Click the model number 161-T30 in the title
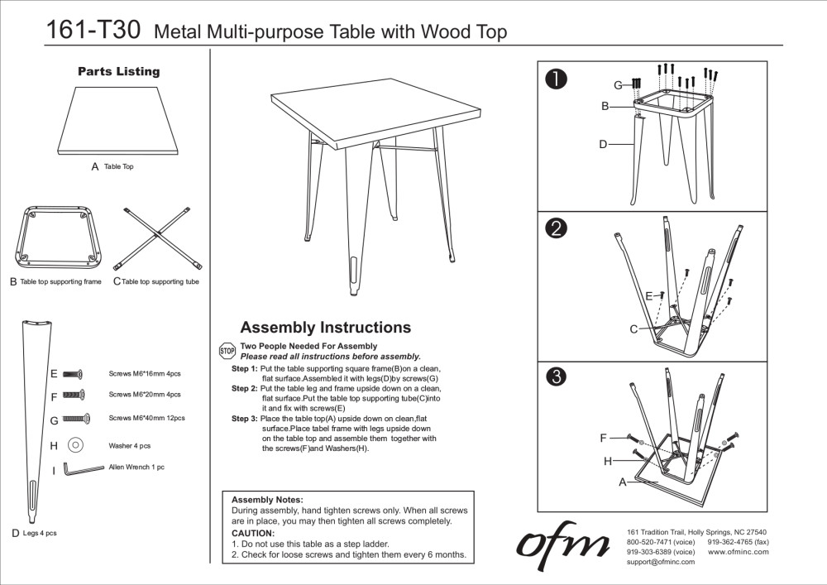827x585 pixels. pyautogui.click(x=93, y=31)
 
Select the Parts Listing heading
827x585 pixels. pyautogui.click(x=118, y=72)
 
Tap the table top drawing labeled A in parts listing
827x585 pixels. pyautogui.click(x=118, y=120)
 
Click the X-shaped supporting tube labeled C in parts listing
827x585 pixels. pyautogui.click(x=160, y=238)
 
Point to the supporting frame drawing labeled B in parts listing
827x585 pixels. pyautogui.click(x=55, y=239)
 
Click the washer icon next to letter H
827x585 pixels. pyautogui.click(x=75, y=445)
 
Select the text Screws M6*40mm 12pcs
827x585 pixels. pyautogui.click(x=146, y=419)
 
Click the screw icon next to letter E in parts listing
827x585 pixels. pyautogui.click(x=74, y=374)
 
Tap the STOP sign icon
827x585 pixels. pyautogui.click(x=227, y=351)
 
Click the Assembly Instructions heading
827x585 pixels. pyautogui.click(x=325, y=328)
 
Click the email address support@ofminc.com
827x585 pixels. pyautogui.click(x=661, y=562)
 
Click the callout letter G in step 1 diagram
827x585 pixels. pyautogui.click(x=617, y=85)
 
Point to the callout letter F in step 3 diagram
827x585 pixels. pyautogui.click(x=604, y=438)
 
